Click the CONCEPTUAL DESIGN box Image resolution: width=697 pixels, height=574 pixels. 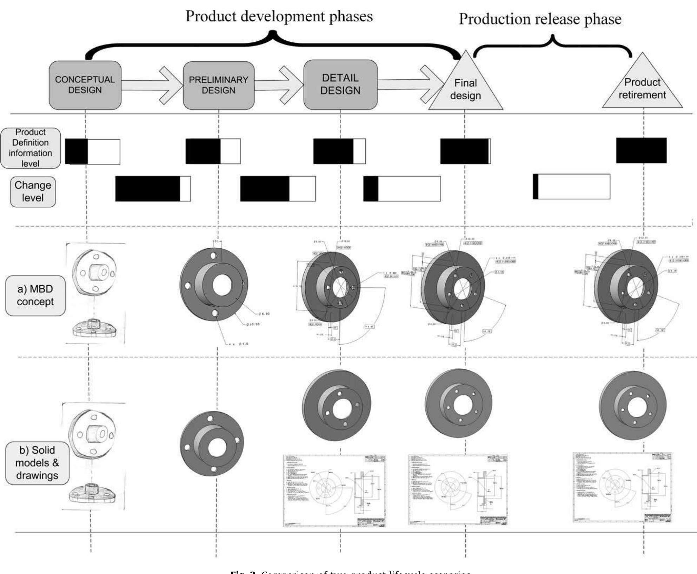[x=85, y=85]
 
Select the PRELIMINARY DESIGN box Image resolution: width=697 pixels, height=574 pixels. [x=219, y=85]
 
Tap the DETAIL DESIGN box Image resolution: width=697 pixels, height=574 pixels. [x=340, y=84]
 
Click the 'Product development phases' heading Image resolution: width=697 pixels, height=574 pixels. [x=279, y=16]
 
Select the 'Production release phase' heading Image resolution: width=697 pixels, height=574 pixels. [x=540, y=19]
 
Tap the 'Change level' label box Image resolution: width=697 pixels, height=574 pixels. [x=33, y=192]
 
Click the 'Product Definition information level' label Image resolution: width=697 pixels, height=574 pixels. [x=31, y=148]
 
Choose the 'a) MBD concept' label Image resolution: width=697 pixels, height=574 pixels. [x=35, y=295]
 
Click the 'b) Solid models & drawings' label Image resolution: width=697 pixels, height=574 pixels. [x=37, y=463]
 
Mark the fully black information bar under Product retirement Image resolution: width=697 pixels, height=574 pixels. [x=641, y=151]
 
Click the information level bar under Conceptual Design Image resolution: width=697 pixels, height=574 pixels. [x=93, y=152]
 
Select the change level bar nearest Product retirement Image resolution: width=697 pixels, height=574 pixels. [x=571, y=186]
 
